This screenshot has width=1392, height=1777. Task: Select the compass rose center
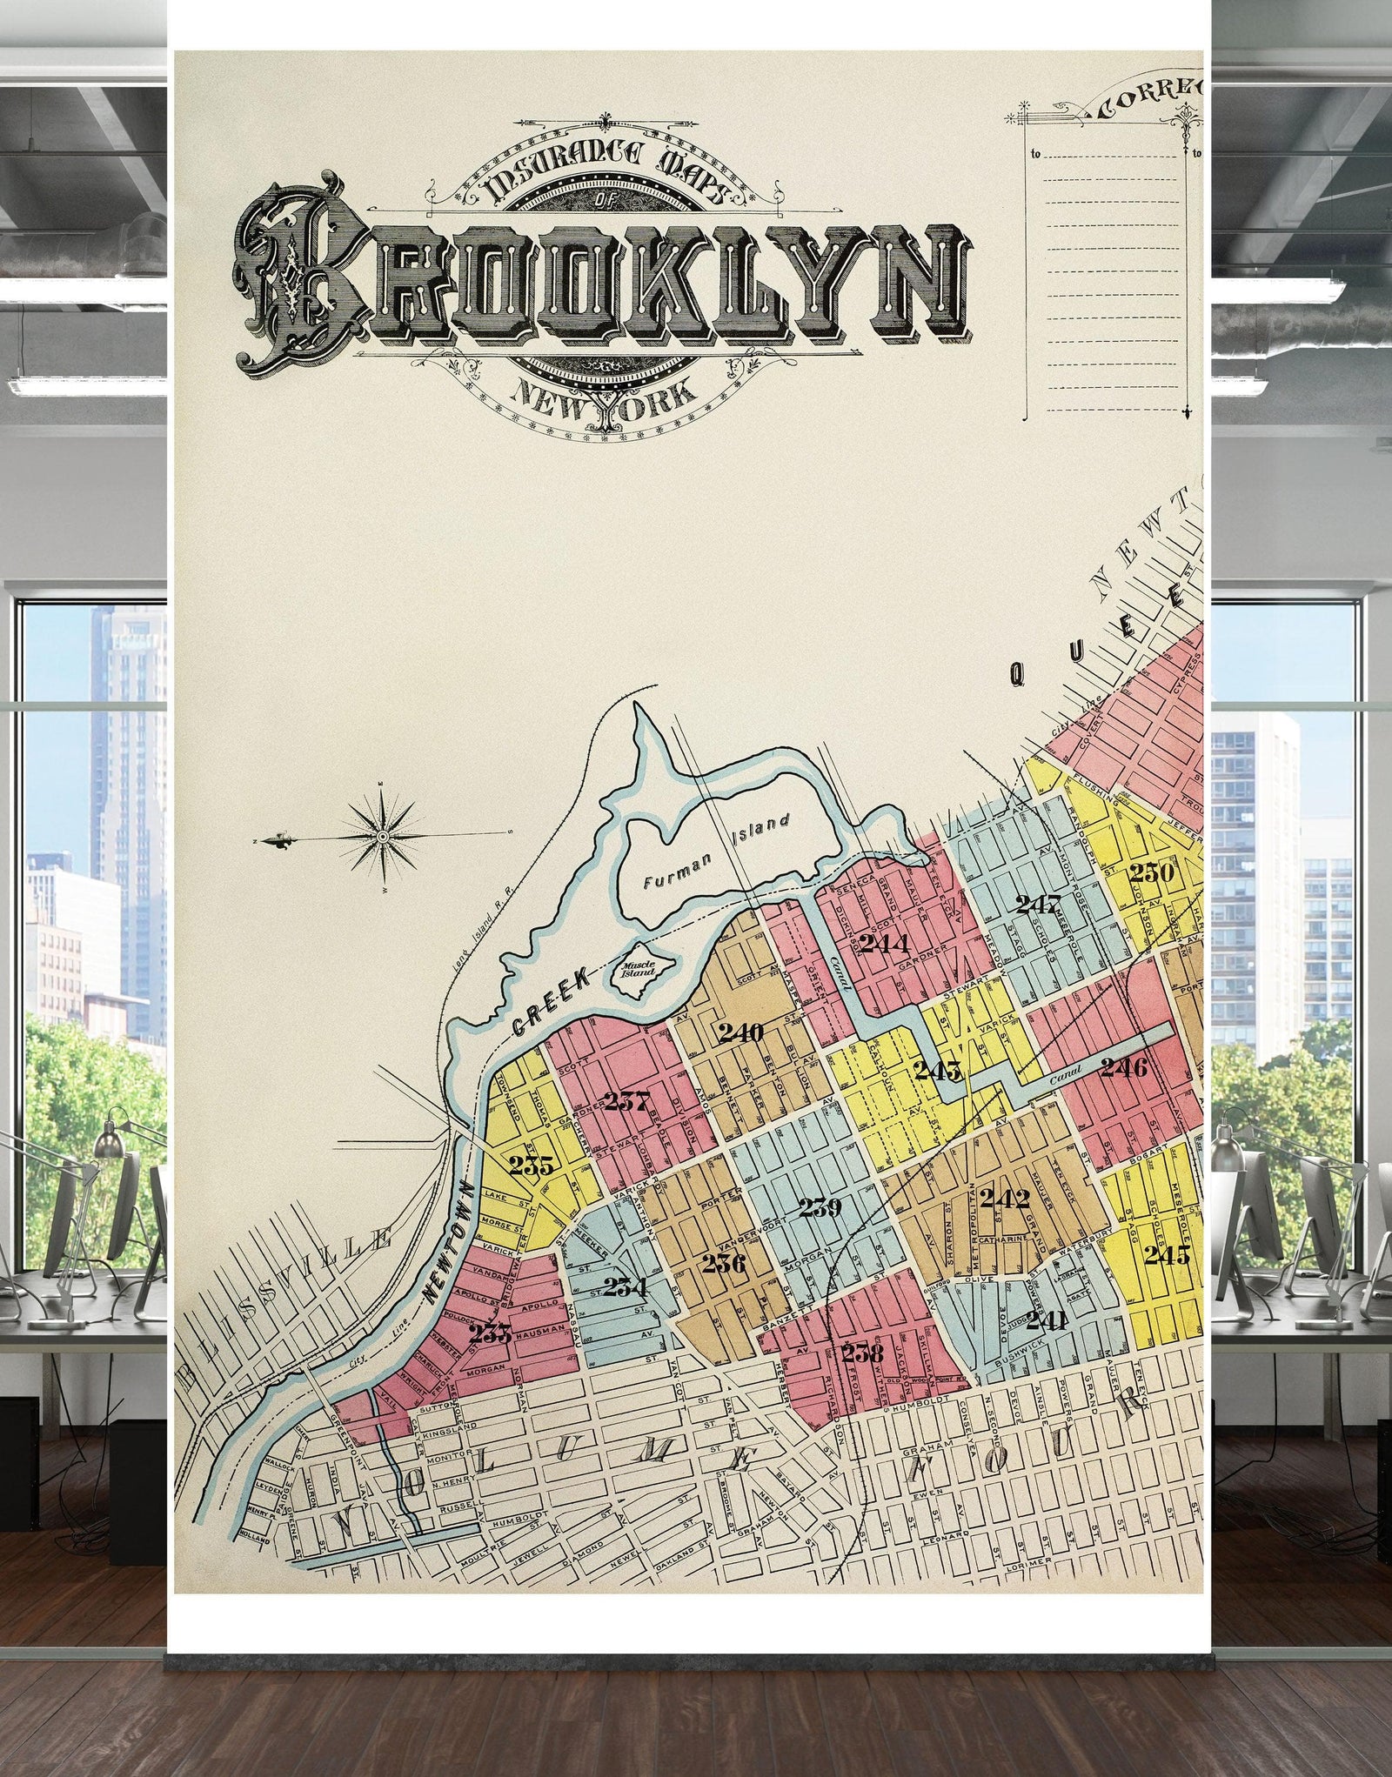pyautogui.click(x=382, y=836)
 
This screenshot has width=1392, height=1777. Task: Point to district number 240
pyautogui.click(x=740, y=1032)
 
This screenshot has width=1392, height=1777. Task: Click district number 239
pyautogui.click(x=820, y=1207)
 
